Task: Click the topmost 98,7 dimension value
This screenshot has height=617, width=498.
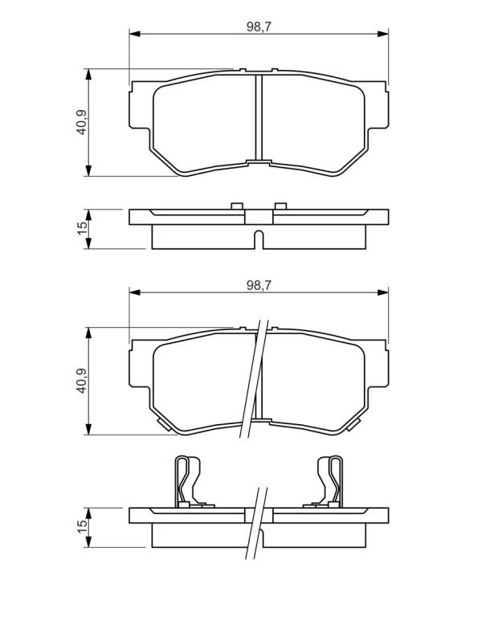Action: coord(259,27)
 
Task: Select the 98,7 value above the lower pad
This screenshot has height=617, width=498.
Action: coord(259,285)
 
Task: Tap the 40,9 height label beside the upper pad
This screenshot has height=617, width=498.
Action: coord(82,122)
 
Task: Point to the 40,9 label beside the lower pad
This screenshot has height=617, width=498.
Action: coord(82,381)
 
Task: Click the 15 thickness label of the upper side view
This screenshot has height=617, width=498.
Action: coord(82,228)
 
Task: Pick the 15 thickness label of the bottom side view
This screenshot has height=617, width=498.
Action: coord(82,526)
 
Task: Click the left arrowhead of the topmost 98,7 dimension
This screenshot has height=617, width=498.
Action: coord(134,34)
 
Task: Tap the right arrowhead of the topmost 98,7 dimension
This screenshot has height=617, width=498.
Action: coord(383,34)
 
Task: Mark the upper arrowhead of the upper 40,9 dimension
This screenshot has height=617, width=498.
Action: coord(88,75)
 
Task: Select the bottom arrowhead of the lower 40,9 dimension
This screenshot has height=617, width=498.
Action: coord(88,429)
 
